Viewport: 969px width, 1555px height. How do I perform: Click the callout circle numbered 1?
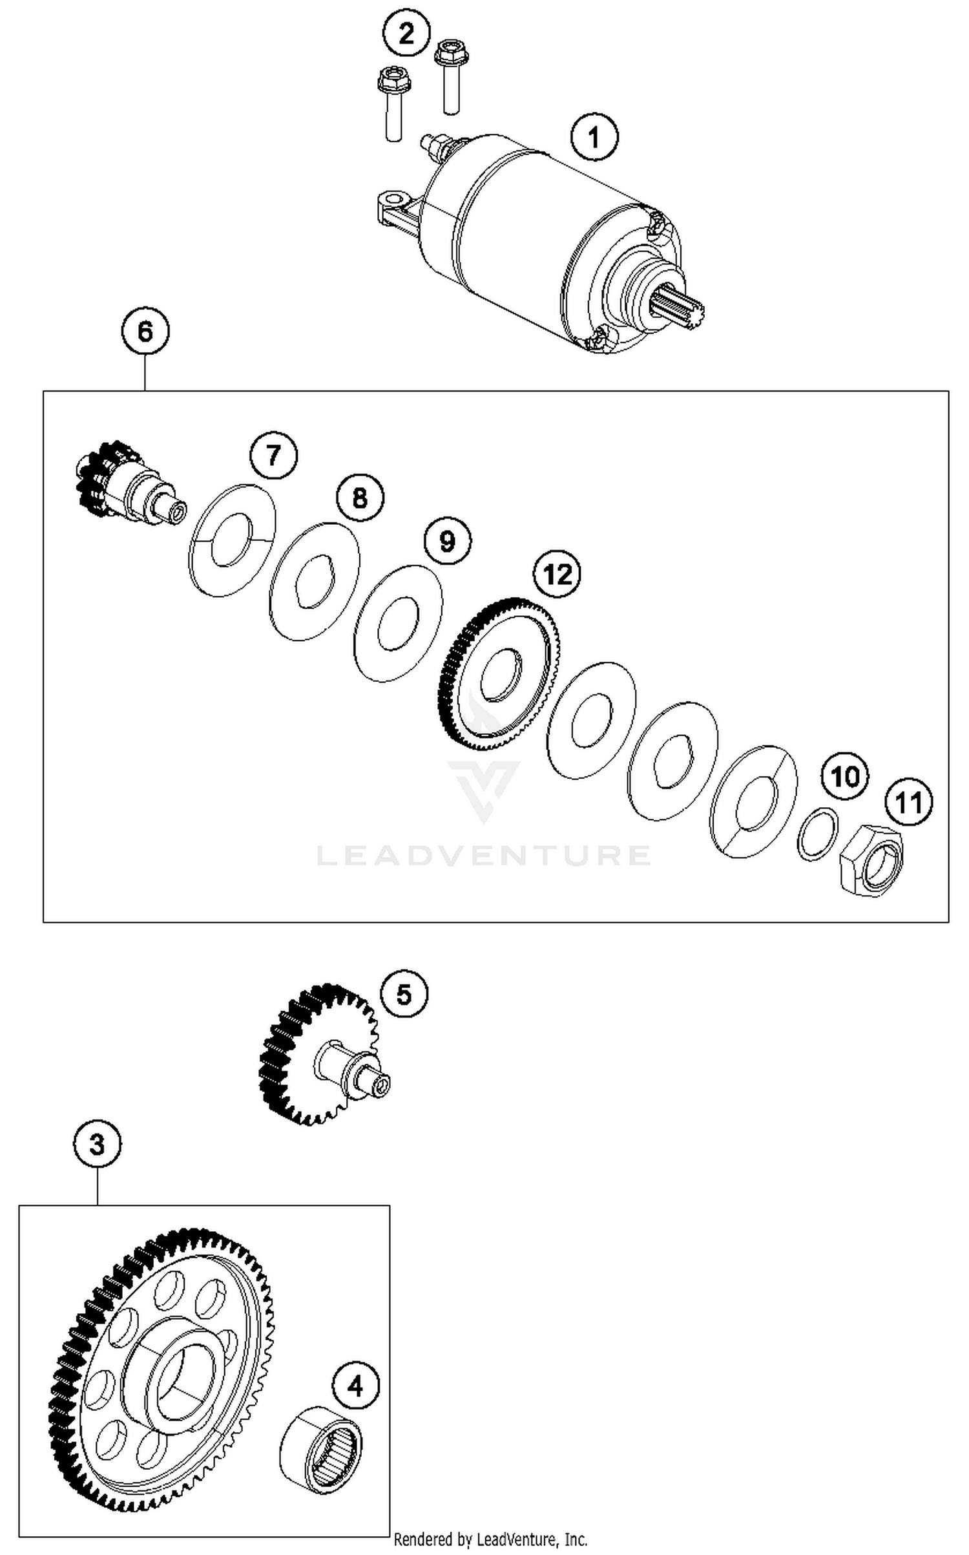point(594,137)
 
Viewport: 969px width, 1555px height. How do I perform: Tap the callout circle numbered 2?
point(406,32)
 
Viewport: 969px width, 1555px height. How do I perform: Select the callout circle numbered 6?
point(145,332)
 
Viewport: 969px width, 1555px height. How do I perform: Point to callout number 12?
point(557,573)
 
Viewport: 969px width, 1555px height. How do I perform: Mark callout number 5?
point(404,995)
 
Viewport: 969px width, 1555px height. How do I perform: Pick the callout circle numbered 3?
point(97,1145)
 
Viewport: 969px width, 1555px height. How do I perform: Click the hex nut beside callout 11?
point(871,861)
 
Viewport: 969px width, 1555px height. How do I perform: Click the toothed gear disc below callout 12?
point(499,674)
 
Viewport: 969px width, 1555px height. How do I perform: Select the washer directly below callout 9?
point(399,623)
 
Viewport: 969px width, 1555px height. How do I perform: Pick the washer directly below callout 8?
point(314,582)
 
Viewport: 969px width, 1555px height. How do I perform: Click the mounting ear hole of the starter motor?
point(390,197)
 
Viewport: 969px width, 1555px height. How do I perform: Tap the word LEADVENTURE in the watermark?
point(483,855)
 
